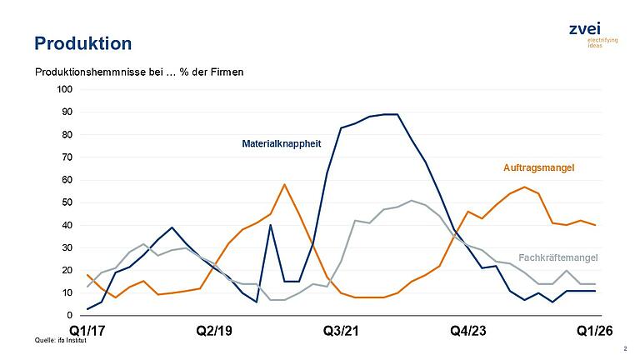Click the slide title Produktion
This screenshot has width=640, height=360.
pyautogui.click(x=82, y=42)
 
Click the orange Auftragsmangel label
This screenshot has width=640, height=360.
pyautogui.click(x=539, y=167)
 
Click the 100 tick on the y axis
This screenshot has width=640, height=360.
pyautogui.click(x=65, y=89)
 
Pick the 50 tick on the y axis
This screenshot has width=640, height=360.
pyautogui.click(x=67, y=202)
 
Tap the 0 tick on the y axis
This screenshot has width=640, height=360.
pyautogui.click(x=70, y=316)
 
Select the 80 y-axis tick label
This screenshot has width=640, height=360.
pyautogui.click(x=67, y=135)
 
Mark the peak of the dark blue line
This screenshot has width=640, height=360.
pyautogui.click(x=390, y=114)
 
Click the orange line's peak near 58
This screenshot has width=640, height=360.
pyautogui.click(x=284, y=184)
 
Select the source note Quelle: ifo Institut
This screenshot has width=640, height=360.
pyautogui.click(x=60, y=341)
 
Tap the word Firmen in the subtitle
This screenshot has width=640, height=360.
pyautogui.click(x=223, y=72)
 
